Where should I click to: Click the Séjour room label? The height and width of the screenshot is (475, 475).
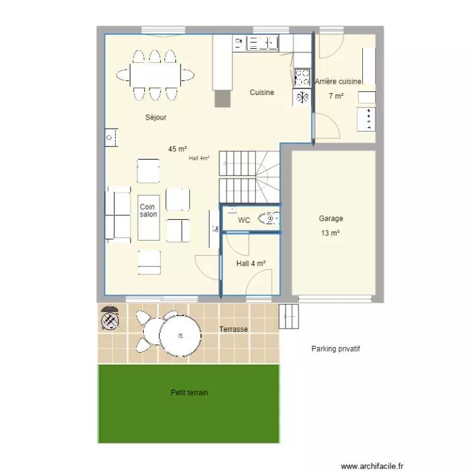coord(156,117)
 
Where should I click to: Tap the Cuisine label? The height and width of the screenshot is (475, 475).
coord(262,92)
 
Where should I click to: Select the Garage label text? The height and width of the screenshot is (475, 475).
coord(331,218)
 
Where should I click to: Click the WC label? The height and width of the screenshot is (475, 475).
coord(244,220)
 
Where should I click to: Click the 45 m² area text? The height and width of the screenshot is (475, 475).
coord(177,149)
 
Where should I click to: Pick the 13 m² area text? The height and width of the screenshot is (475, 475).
coord(331,233)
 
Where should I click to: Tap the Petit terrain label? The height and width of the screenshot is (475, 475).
coord(189,393)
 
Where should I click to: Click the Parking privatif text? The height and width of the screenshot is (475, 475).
coord(336,349)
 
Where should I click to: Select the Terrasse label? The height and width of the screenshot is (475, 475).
coord(233,329)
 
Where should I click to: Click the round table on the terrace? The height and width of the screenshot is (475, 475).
coord(180,334)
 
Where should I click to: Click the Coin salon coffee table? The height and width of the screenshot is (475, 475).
coord(149,217)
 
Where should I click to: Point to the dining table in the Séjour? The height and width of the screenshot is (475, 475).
coord(155,75)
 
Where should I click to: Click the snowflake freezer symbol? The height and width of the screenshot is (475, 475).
coord(302,97)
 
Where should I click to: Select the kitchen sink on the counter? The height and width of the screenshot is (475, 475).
coord(263,43)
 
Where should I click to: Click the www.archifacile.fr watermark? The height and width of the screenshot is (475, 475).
coord(372,465)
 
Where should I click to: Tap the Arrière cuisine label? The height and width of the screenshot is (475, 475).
coord(338,82)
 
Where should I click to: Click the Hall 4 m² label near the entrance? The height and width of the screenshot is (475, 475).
coord(250,263)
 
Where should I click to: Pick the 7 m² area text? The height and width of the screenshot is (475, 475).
coord(336,96)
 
